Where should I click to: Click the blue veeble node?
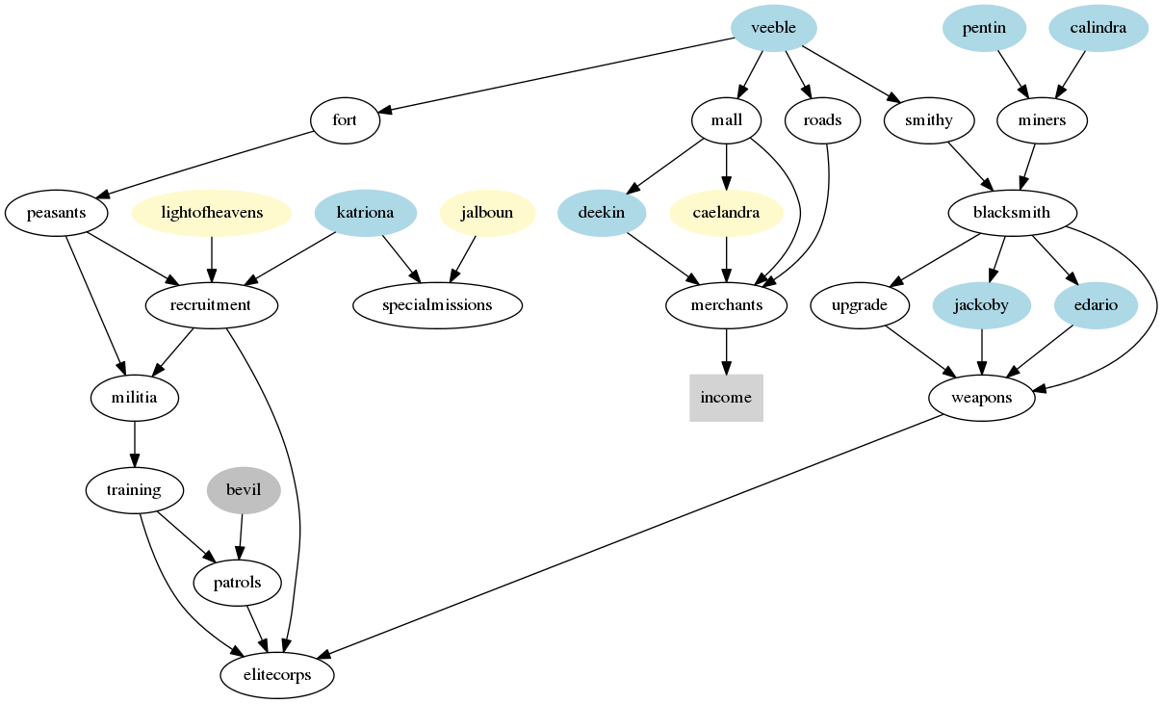[773, 28]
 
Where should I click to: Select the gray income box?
[726, 398]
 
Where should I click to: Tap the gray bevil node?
[244, 490]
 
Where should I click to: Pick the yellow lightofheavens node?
[212, 213]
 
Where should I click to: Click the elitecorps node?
[277, 675]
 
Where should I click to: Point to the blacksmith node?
[1012, 213]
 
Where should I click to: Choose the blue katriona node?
[365, 213]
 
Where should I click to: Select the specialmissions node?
[437, 305]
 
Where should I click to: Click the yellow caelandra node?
[726, 213]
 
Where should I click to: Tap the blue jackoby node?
[981, 305]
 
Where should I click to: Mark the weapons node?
[981, 398]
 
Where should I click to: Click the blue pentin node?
[984, 28]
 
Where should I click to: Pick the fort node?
[345, 120]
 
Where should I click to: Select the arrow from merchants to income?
[726, 351]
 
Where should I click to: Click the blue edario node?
[1096, 305]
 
